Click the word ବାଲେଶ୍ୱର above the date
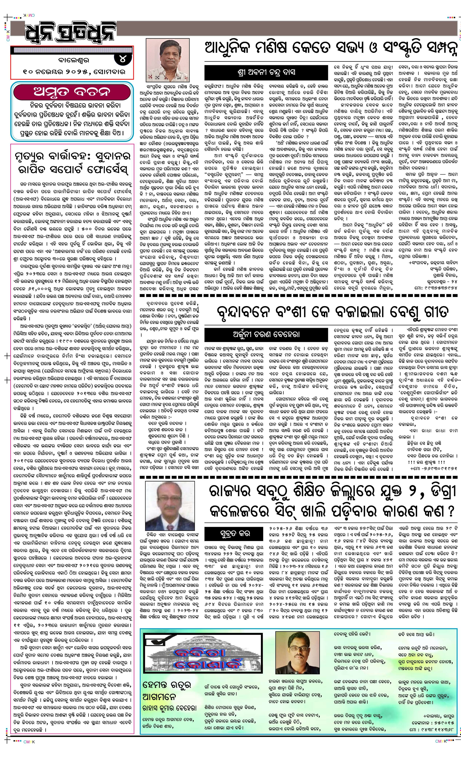tap(66, 60)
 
